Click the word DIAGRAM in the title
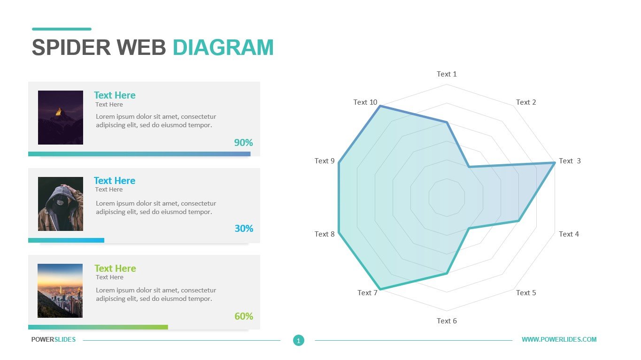pos(223,48)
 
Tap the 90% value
pos(243,143)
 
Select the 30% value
pos(244,229)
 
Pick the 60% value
pos(244,316)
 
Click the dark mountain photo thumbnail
pos(61,117)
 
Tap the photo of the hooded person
pos(61,204)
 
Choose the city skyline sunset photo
pos(60,291)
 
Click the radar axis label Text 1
pos(447,74)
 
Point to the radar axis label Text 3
pos(570,161)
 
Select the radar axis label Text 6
pos(447,321)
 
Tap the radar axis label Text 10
pos(365,102)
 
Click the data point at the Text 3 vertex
pos(555,162)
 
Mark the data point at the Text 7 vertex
pos(379,289)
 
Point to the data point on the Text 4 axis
pos(518,221)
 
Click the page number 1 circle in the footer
pos(299,340)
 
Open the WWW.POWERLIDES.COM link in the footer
pos(559,339)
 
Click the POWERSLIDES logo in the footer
pos(54,339)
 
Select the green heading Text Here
pos(115,268)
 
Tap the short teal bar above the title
pos(62,29)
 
